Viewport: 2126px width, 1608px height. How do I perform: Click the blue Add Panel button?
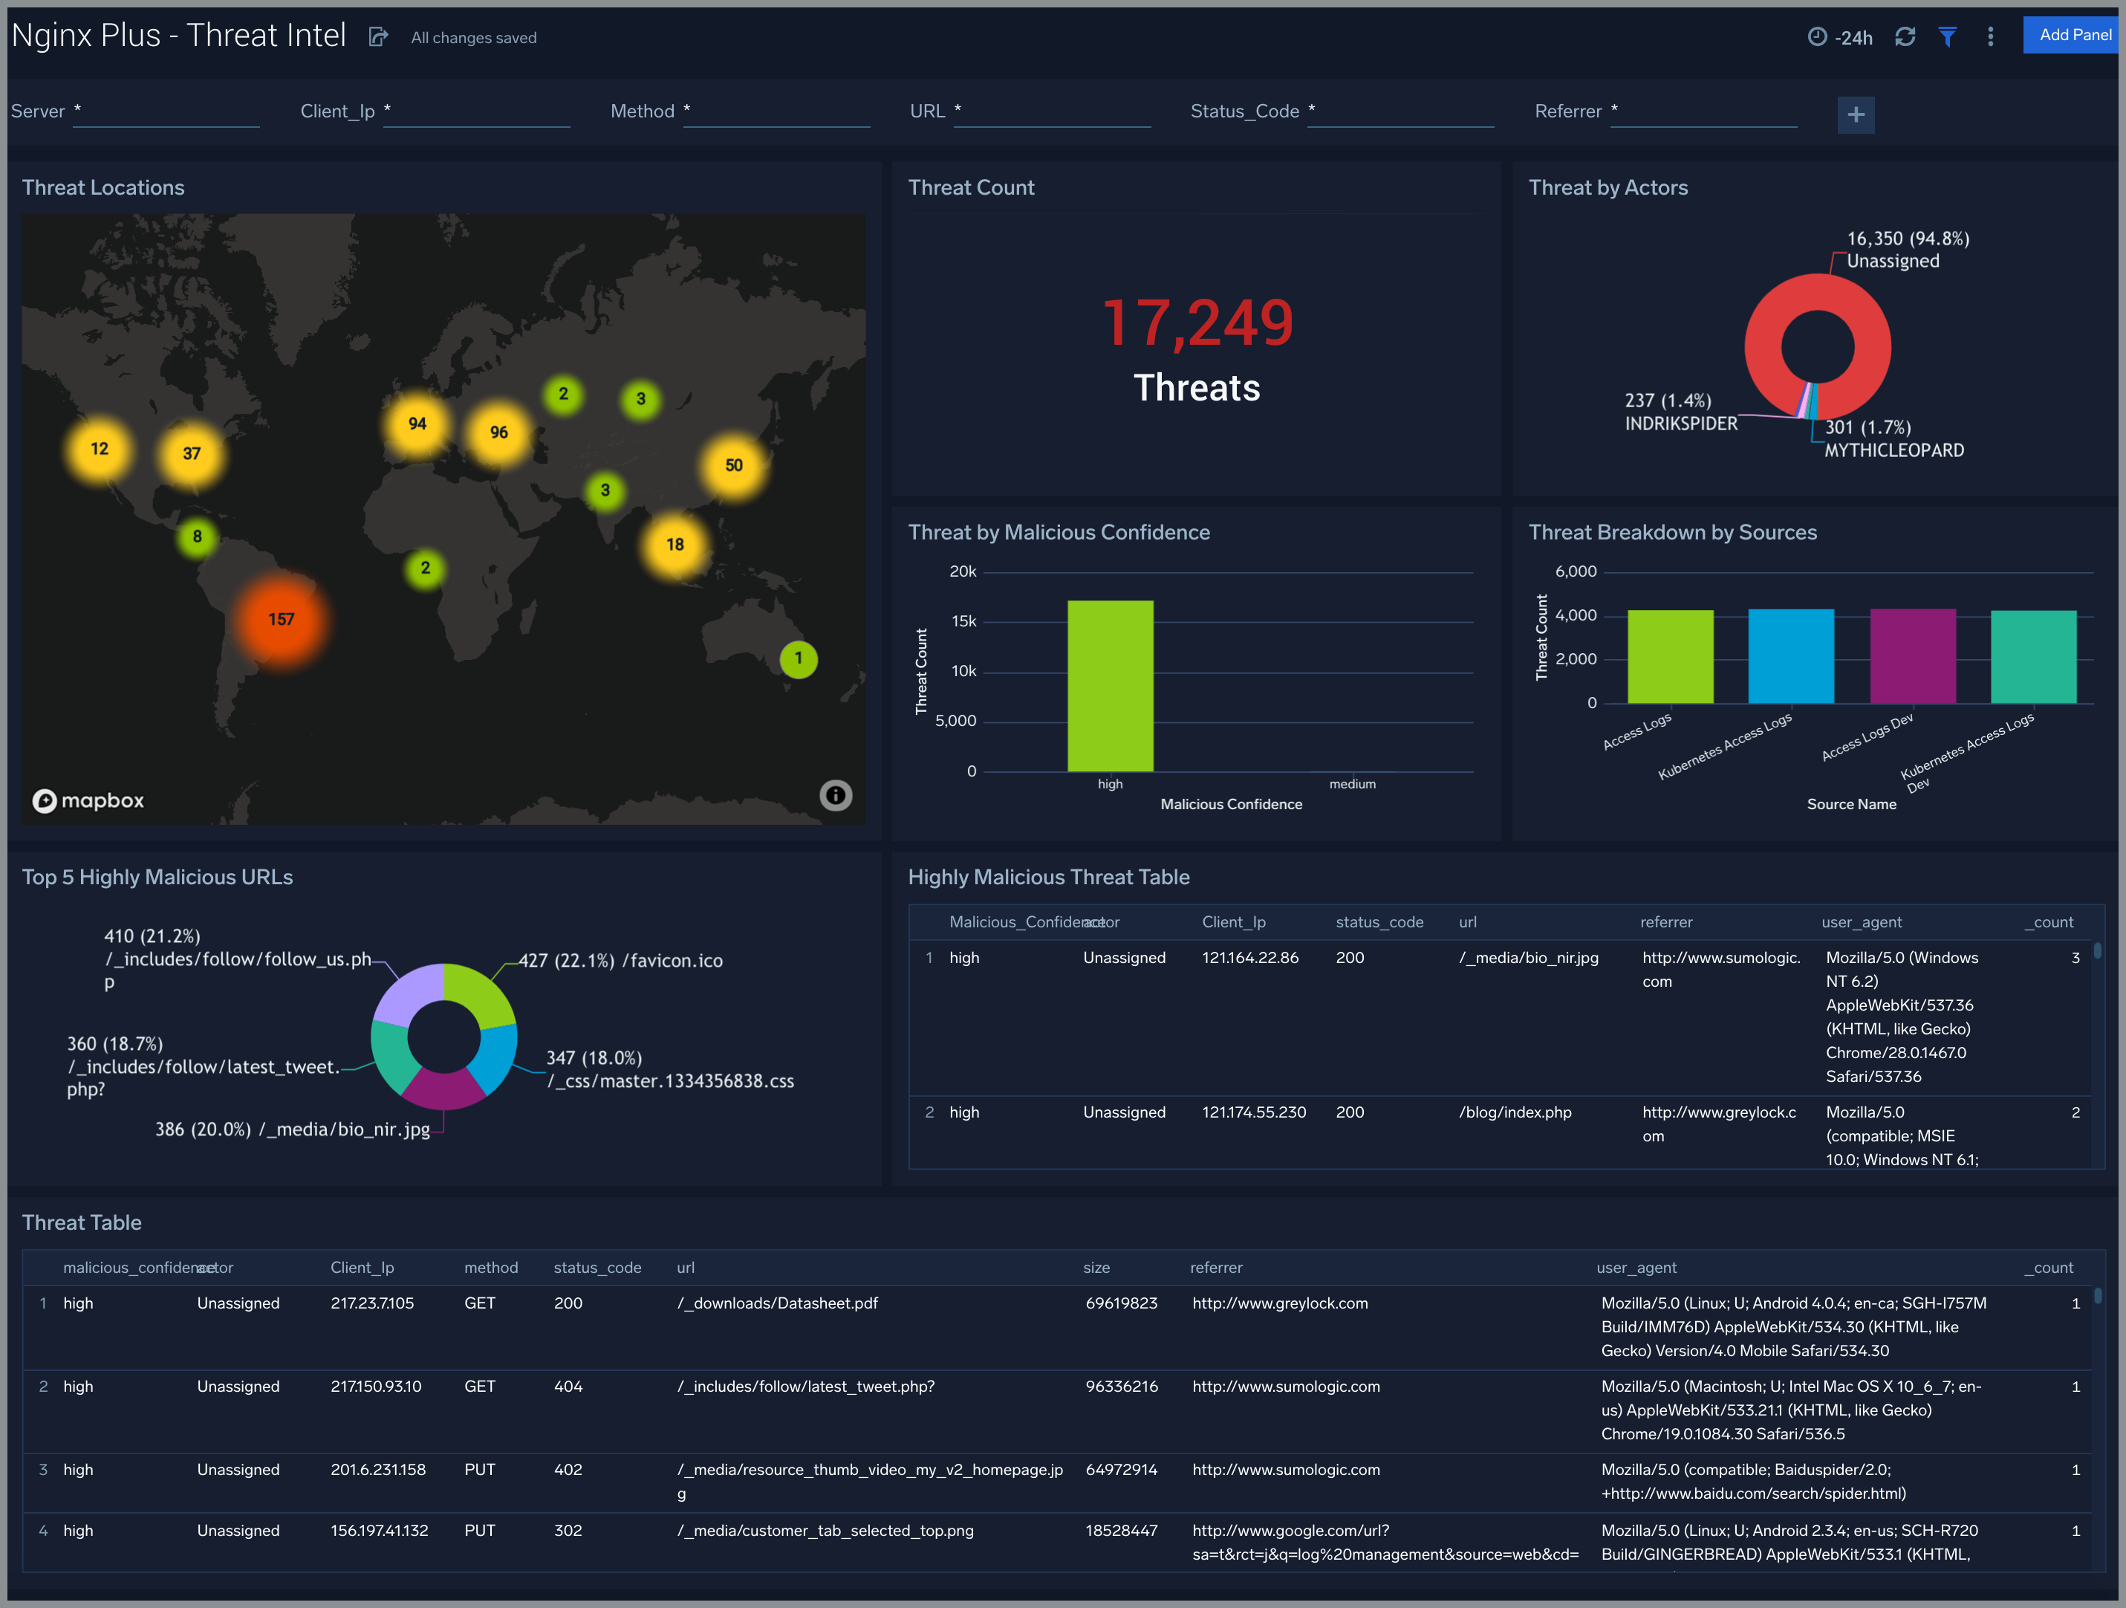point(2073,36)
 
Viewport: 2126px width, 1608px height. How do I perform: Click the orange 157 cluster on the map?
point(281,620)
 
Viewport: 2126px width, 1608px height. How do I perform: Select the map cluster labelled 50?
point(733,466)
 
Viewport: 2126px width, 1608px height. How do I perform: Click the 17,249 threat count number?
point(1197,323)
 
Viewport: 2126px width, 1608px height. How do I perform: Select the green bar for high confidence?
point(1110,685)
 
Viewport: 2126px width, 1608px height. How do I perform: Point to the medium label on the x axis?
point(1352,784)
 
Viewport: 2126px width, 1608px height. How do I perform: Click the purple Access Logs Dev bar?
point(1913,656)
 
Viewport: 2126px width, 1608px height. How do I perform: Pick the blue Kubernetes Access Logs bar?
point(1790,656)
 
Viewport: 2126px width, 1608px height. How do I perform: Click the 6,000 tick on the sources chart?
point(1576,572)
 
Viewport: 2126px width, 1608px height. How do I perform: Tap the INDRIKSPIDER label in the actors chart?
point(1681,424)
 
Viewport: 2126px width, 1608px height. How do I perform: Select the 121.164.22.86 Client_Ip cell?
point(1249,959)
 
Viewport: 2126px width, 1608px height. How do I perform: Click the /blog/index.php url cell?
point(1515,1113)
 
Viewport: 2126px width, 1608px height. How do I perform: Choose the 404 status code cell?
point(568,1387)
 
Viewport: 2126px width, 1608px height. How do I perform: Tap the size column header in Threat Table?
point(1096,1268)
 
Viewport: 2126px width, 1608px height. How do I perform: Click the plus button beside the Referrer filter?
point(1855,115)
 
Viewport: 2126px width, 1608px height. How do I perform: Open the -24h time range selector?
point(1841,37)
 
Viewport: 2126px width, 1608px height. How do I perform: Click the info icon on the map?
point(835,796)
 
